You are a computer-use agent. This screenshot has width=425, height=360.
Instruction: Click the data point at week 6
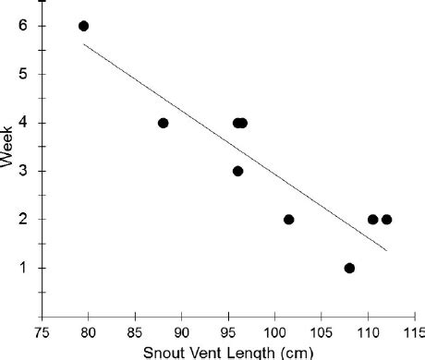pos(83,26)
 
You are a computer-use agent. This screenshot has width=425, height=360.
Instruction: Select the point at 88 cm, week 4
pos(163,123)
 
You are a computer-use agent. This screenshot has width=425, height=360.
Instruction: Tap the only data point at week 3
pos(237,171)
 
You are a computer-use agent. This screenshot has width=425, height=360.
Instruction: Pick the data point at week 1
pos(349,268)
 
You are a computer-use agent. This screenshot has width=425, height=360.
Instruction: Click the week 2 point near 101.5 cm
pos(288,220)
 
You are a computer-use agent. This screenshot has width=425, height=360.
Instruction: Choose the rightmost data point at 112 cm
pos(386,220)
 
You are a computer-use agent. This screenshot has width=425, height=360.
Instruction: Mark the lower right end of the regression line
pos(386,250)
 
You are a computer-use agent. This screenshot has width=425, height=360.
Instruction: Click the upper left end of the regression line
pos(84,43)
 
